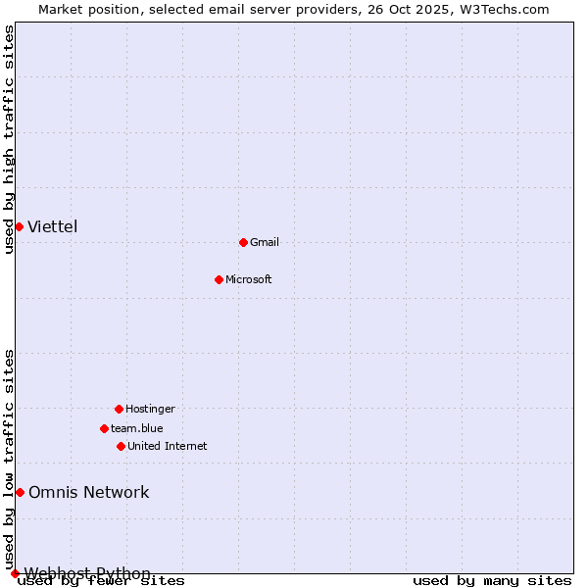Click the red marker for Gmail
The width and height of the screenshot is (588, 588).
point(243,242)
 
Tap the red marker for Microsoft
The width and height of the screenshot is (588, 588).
point(219,279)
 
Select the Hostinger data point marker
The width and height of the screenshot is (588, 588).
point(119,409)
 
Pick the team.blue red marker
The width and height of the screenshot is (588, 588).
point(104,428)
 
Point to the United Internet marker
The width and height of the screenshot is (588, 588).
point(121,446)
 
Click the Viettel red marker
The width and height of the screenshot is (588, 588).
point(19,226)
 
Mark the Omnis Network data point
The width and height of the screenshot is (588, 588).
point(20,492)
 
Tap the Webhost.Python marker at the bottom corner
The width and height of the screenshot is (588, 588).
point(15,573)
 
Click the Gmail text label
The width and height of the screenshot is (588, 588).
point(265,242)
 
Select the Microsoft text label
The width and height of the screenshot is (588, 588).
point(249,279)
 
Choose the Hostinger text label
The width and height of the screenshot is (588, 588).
point(150,409)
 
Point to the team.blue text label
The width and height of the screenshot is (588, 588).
point(137,428)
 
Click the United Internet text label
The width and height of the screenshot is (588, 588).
point(168,446)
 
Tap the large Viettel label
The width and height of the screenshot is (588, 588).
point(53,226)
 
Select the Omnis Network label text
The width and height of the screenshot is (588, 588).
point(89,492)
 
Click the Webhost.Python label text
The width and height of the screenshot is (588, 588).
point(88,573)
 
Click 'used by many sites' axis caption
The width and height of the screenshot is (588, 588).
point(492,581)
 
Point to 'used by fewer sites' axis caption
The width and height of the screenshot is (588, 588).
point(102,581)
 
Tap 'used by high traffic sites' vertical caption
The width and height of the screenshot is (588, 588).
point(9,139)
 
